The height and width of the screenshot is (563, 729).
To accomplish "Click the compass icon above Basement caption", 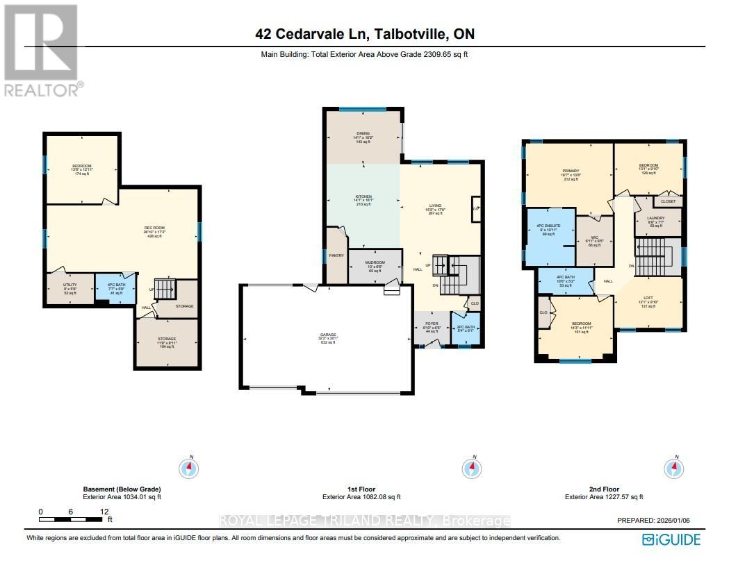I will point(188,469).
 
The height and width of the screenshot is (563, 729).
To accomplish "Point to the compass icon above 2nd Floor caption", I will point(673,469).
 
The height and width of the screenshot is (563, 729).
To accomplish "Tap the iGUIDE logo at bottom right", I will point(671,539).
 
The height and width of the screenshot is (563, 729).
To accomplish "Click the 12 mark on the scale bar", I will point(104,512).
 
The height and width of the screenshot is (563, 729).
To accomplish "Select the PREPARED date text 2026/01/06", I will point(659,520).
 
